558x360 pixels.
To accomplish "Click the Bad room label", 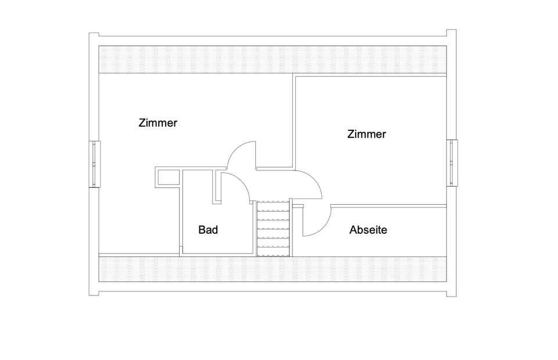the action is tap(208, 230).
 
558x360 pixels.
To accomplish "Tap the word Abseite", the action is tap(368, 230).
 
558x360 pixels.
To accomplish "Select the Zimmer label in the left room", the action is tap(158, 123).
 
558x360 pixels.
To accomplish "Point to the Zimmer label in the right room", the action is tap(366, 134).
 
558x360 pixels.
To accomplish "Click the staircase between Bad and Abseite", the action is tap(273, 228).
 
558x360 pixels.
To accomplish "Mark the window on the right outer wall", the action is tap(452, 163).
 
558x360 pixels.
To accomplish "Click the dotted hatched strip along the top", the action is tap(273, 59).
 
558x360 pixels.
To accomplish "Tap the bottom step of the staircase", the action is tap(273, 251).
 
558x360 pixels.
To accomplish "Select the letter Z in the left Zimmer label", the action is tap(142, 123).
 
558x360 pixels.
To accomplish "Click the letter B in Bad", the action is tap(202, 230).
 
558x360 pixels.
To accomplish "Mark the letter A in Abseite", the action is tap(353, 230).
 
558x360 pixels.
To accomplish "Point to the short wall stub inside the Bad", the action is tap(218, 186).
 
